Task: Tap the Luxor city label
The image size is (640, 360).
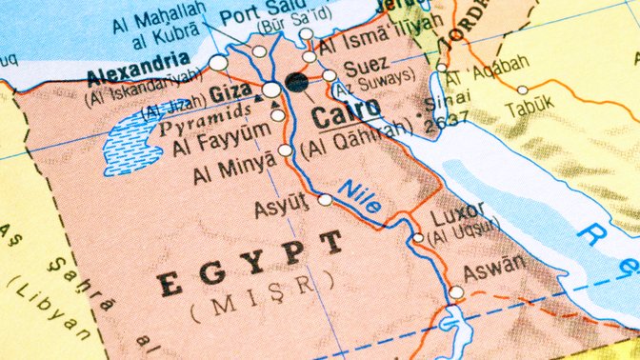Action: (x=458, y=213)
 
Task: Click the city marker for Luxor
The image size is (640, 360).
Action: (x=417, y=238)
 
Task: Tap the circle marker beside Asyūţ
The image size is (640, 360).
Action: (x=326, y=200)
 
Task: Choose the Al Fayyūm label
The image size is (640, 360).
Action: (x=217, y=148)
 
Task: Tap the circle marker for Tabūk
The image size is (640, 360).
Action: (x=522, y=90)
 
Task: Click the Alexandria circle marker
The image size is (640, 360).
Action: (x=218, y=63)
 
